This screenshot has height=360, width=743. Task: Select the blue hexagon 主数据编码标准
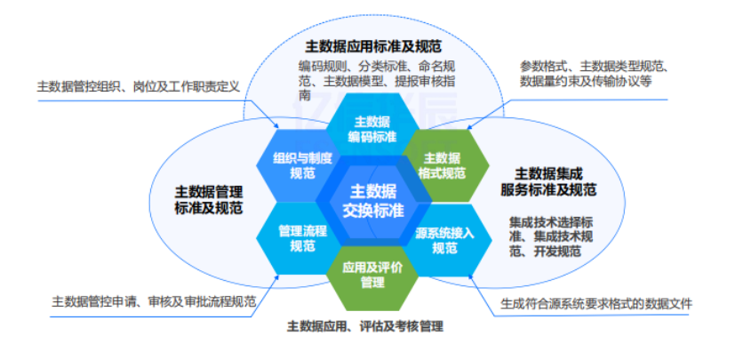pos(371,129)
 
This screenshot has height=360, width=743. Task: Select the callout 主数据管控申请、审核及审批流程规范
pos(154,302)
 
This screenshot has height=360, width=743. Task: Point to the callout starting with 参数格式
pos(587,73)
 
